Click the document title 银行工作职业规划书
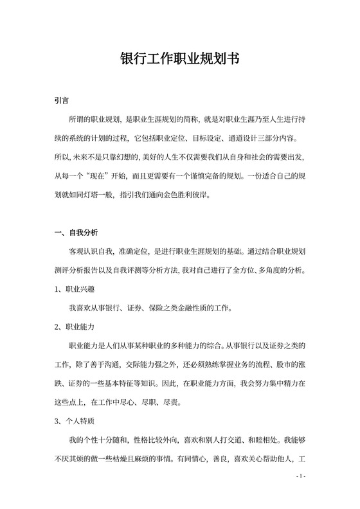coord(180,59)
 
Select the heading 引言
coord(62,102)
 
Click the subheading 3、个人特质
coord(75,422)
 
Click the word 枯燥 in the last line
coord(144,459)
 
